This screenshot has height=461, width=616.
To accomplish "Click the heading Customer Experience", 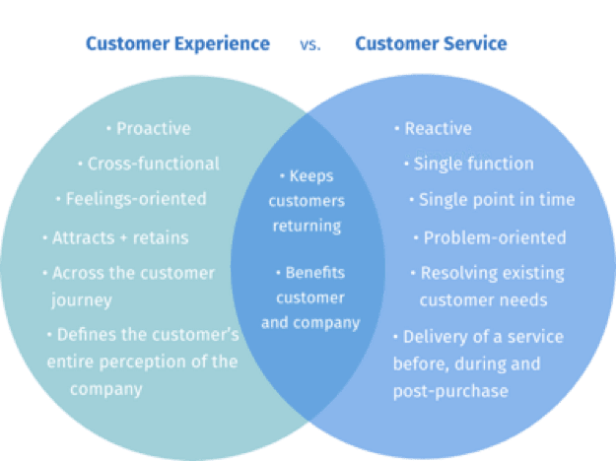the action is (x=177, y=44).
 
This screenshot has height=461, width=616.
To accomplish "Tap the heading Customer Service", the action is (x=431, y=43).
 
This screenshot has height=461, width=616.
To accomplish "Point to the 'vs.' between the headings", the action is (x=310, y=44).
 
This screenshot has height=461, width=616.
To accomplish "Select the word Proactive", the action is (x=154, y=128).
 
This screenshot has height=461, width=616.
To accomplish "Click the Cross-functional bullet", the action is (x=149, y=164).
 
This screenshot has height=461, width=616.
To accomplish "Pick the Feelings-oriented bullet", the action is (x=131, y=199).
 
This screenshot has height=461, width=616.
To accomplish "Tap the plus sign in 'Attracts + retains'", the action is (x=123, y=238).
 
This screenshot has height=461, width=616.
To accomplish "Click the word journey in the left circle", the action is (x=82, y=300).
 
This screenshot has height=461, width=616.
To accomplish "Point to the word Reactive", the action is (x=438, y=128).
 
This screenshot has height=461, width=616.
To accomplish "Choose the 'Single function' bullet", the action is (x=469, y=164).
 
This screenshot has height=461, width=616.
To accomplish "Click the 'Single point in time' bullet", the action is (x=492, y=200).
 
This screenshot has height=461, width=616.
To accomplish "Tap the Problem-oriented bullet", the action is (x=490, y=237).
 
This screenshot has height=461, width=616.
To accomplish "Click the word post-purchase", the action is (x=451, y=391).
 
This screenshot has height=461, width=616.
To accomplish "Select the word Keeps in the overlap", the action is (x=311, y=176).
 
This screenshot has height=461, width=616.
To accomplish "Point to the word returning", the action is (x=307, y=227).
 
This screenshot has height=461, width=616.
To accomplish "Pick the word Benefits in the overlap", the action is (x=315, y=273).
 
